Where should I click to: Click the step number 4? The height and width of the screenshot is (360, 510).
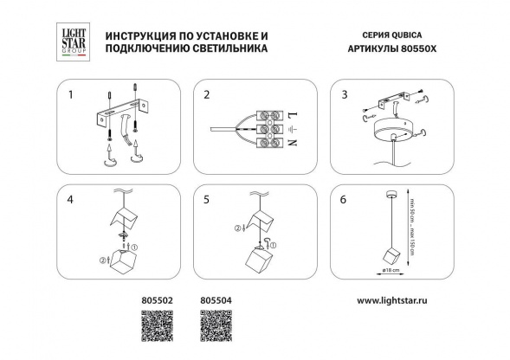point(73,200)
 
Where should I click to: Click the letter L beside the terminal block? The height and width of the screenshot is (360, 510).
point(292,113)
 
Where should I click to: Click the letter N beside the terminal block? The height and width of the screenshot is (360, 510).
point(292,146)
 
